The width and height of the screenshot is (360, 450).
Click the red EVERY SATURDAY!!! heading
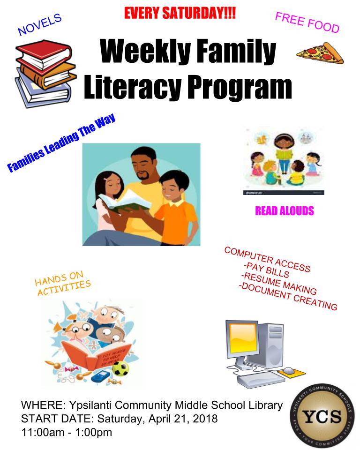tap(180, 13)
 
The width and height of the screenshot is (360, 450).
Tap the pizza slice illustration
tap(320, 54)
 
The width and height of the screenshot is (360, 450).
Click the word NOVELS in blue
tap(40, 24)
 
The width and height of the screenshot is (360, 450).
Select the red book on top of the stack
tap(44, 53)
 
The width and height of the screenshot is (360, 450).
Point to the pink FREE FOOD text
tap(307, 22)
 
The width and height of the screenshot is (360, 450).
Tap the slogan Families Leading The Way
tap(61, 142)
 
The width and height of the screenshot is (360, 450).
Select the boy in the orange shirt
tap(174, 207)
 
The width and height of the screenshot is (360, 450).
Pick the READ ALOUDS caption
tap(285, 211)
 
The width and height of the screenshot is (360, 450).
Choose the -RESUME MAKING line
tap(279, 284)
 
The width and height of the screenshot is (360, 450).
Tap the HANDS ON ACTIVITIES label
tap(63, 283)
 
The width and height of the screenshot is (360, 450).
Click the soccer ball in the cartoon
tap(120, 368)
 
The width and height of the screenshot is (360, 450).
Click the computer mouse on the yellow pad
tap(289, 370)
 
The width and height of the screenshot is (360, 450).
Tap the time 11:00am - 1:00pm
tap(67, 432)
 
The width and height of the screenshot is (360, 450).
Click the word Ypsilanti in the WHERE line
tap(92, 405)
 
